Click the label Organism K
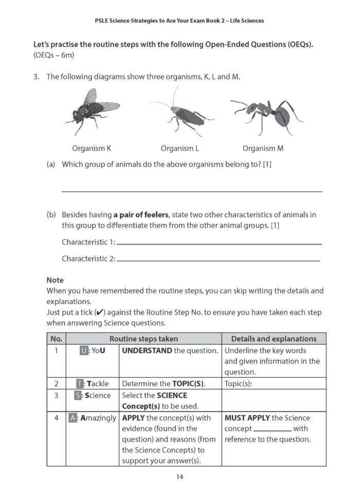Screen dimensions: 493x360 (x=92, y=149)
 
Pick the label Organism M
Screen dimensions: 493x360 (x=263, y=149)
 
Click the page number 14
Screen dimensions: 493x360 (x=179, y=477)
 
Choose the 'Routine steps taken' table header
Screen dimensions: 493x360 (x=143, y=339)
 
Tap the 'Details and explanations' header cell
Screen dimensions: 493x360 (x=274, y=339)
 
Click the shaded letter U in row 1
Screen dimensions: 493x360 (x=84, y=351)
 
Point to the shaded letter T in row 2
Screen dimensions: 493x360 (x=80, y=384)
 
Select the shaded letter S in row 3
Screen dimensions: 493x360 (x=77, y=395)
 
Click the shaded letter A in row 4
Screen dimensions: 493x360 (x=73, y=418)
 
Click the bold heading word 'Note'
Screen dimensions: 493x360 (x=55, y=280)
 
